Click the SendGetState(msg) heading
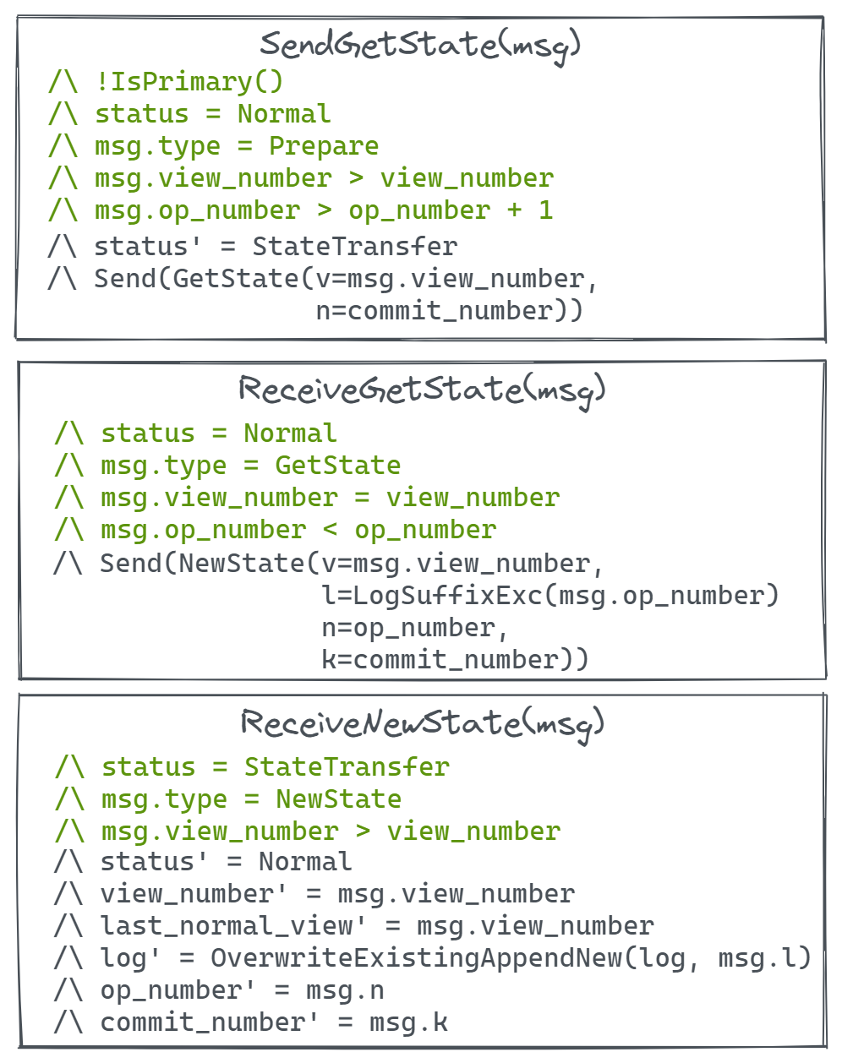point(420,45)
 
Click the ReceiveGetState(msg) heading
point(422,390)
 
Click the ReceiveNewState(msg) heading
point(422,723)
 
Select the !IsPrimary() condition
point(189,82)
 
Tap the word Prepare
point(324,146)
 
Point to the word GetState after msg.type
point(338,466)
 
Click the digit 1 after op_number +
point(546,210)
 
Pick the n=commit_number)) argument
point(449,311)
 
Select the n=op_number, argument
point(414,628)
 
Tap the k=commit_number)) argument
point(455,660)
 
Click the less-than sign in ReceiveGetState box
point(331,530)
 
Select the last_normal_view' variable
point(233,926)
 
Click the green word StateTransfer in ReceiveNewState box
point(347,767)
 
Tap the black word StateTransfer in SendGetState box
point(355,247)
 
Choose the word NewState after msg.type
point(339,799)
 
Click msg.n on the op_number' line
point(345,990)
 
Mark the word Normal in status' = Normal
point(305,862)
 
